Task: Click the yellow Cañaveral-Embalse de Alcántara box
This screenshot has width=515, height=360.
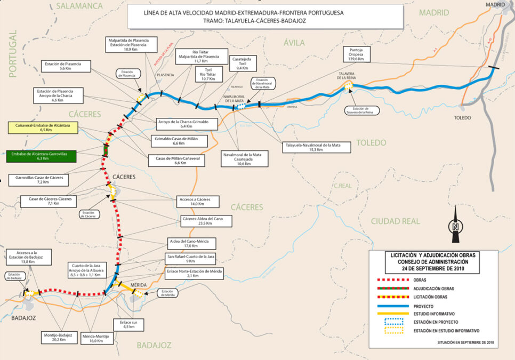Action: coord(43,127)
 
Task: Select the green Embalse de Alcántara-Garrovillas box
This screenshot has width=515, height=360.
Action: coord(41,156)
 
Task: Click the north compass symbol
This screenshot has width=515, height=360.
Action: coord(454,226)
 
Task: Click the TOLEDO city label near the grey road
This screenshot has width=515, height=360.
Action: coord(460,118)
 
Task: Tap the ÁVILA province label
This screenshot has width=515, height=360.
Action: coord(293,43)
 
